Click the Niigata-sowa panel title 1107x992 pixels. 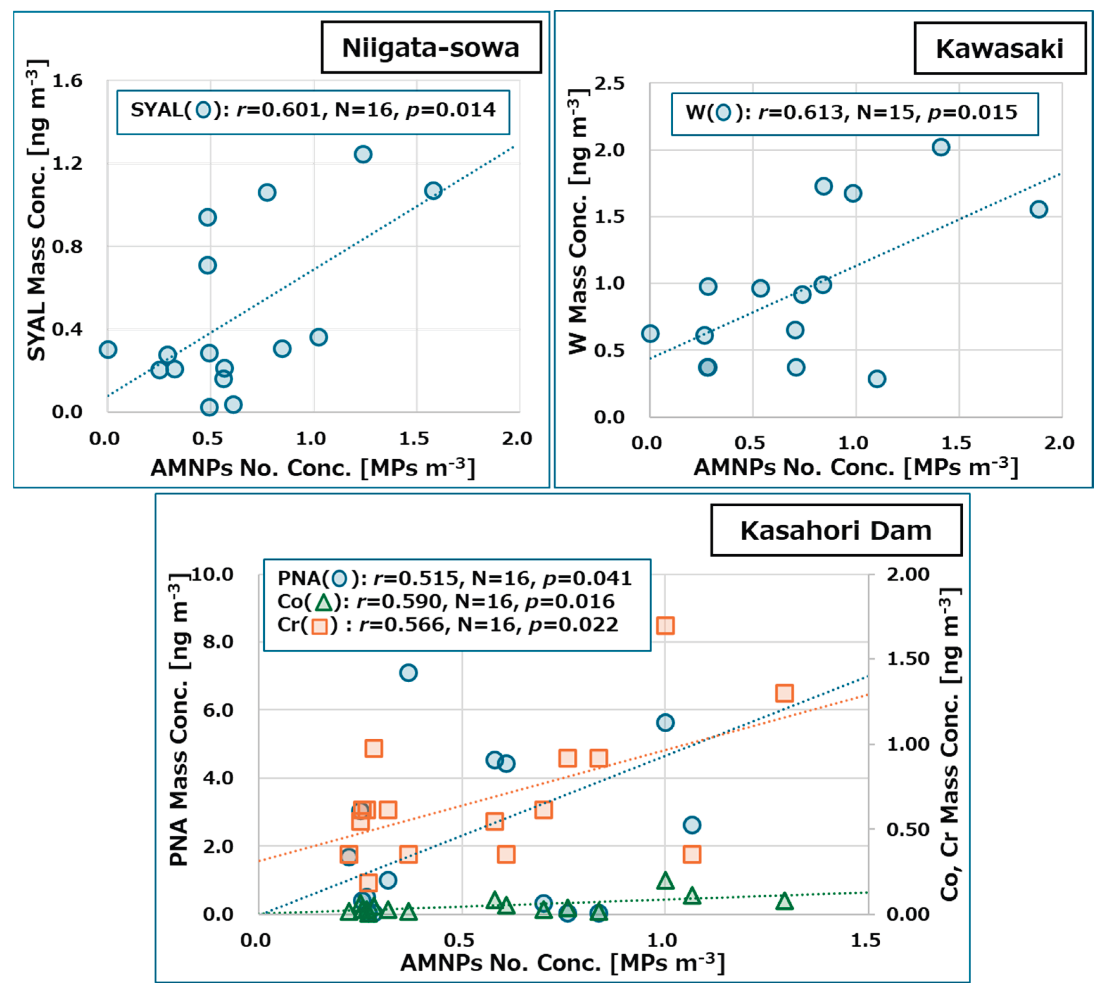point(430,48)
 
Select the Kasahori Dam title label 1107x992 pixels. point(836,530)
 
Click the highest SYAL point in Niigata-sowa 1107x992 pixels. point(363,154)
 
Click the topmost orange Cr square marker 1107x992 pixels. point(665,625)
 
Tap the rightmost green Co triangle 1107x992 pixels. point(784,902)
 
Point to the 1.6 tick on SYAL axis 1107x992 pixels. point(67,81)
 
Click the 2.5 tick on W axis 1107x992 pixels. point(609,84)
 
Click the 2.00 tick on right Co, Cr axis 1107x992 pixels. point(907,575)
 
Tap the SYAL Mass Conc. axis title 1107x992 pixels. point(37,210)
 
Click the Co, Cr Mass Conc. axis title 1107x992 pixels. point(949,744)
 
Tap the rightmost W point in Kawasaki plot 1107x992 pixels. point(1038,209)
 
